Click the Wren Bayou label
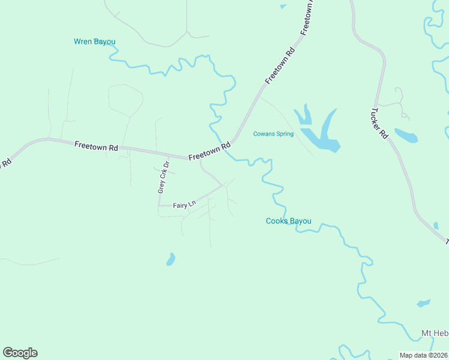pyautogui.click(x=94, y=41)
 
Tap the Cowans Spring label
pyautogui.click(x=273, y=134)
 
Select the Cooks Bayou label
pyautogui.click(x=289, y=221)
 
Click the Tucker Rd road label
pyautogui.click(x=380, y=124)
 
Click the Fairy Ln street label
pyautogui.click(x=184, y=205)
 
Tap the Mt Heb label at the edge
pyautogui.click(x=435, y=333)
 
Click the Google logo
pyautogui.click(x=20, y=353)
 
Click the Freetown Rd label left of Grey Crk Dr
pyautogui.click(x=96, y=146)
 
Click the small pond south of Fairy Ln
pyautogui.click(x=170, y=260)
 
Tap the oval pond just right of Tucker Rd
pyautogui.click(x=406, y=136)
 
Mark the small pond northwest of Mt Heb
pyautogui.click(x=424, y=303)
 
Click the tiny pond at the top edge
pyautogui.click(x=283, y=7)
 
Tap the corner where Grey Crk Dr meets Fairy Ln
pyautogui.click(x=159, y=205)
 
